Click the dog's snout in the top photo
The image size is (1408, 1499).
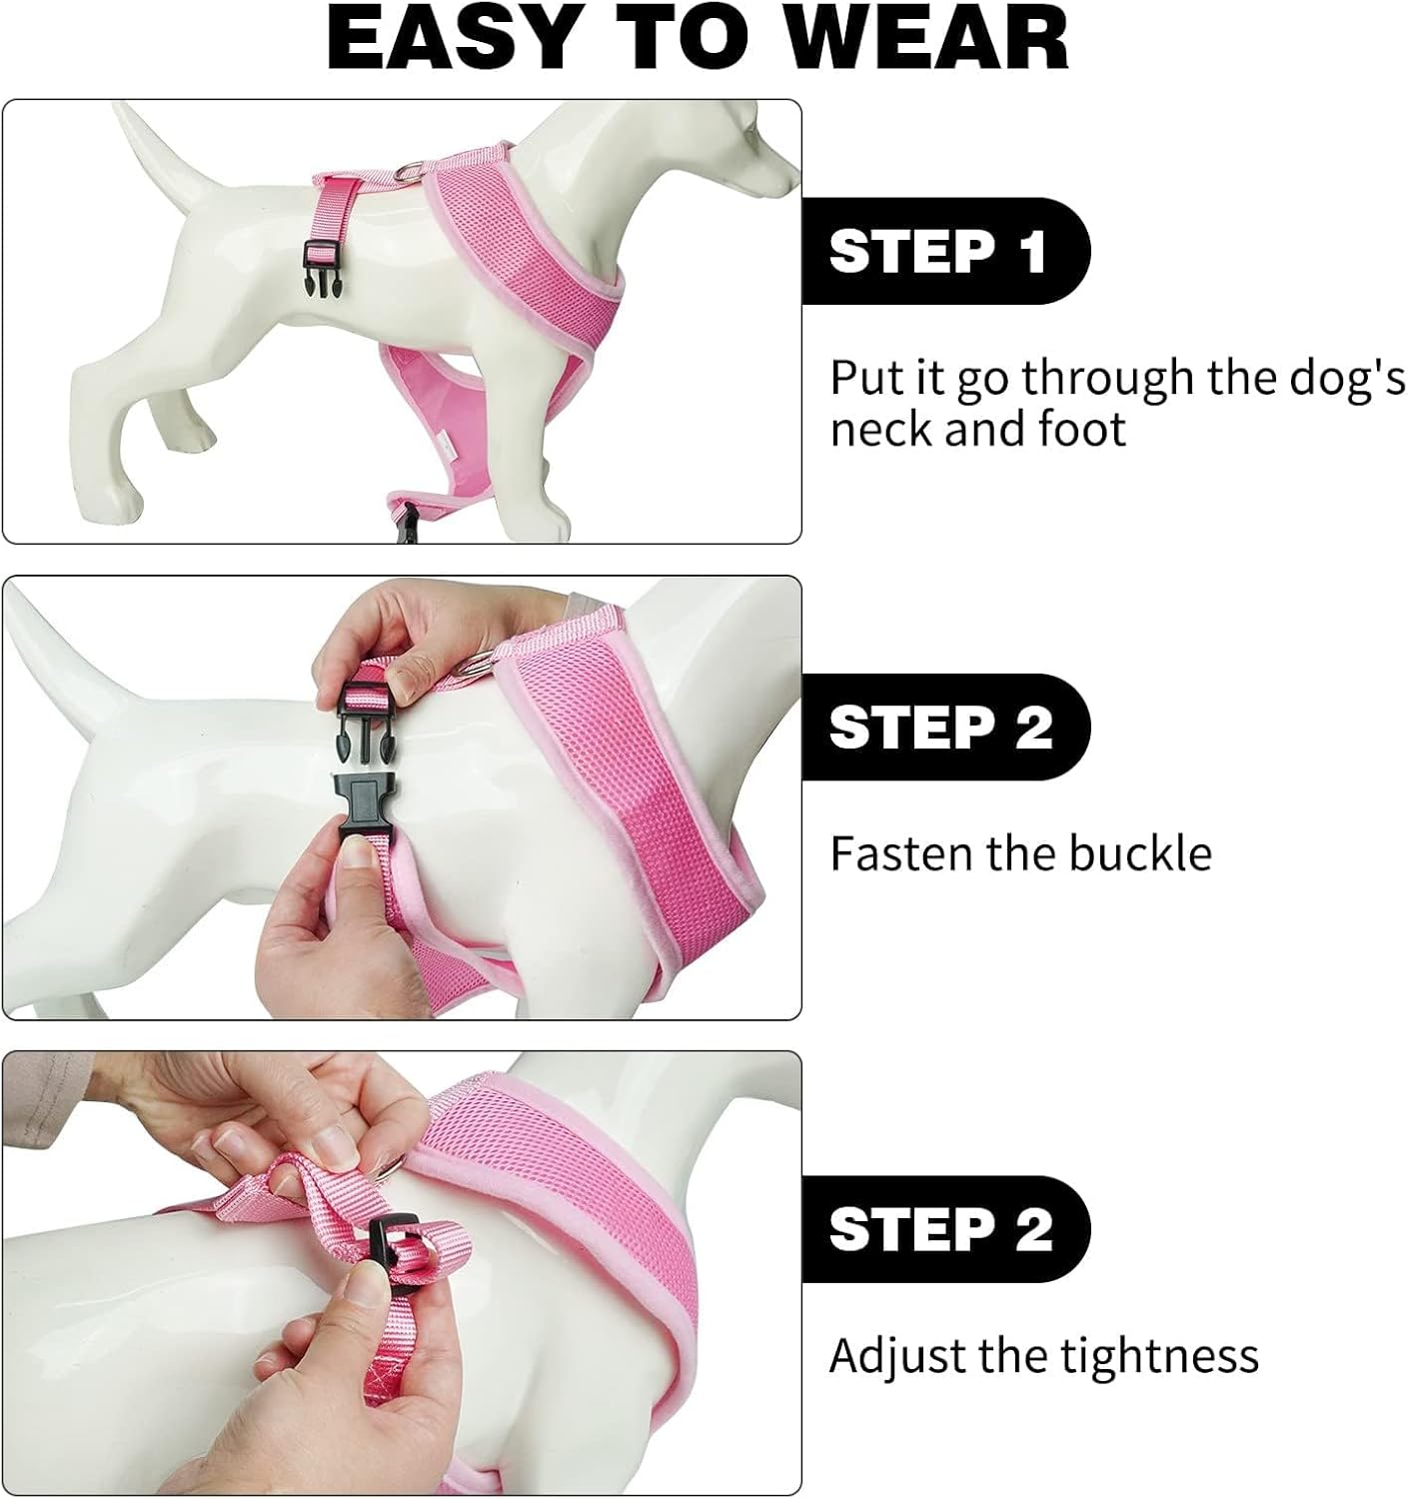(779, 175)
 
